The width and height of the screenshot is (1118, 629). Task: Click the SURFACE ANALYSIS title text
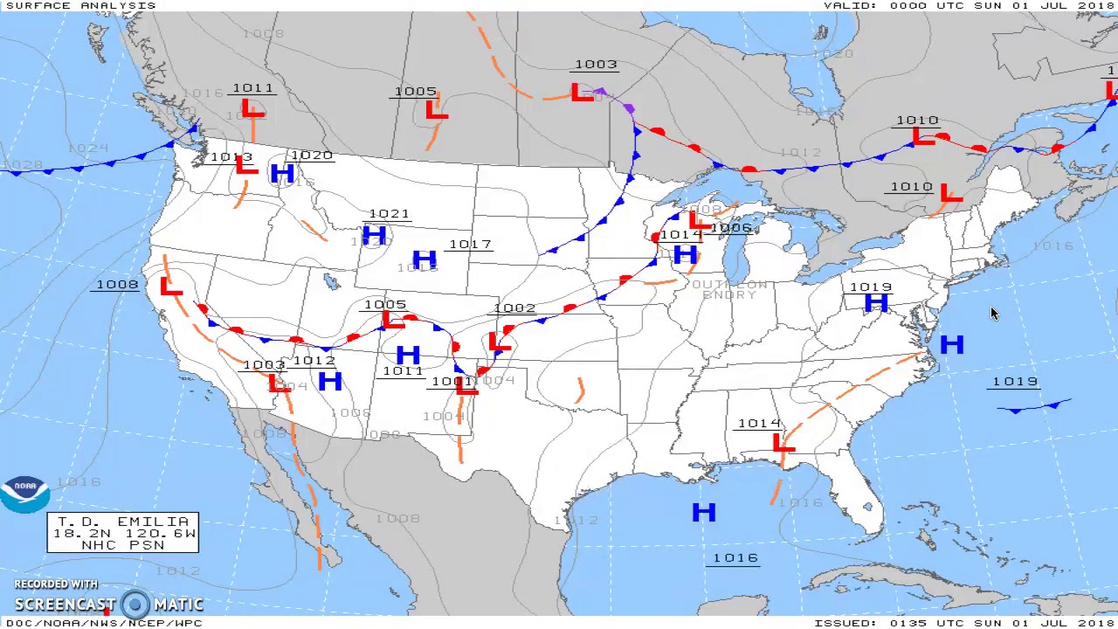click(80, 5)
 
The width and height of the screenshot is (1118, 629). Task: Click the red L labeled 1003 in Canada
click(582, 92)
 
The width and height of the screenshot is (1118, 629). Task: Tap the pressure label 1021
click(389, 214)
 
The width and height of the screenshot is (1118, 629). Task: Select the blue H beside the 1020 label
click(281, 173)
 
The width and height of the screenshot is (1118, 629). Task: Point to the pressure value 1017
click(470, 245)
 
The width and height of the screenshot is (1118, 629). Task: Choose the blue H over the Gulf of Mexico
click(703, 513)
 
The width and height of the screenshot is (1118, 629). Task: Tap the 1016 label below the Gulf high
click(735, 558)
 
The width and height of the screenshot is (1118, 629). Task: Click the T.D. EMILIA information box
click(123, 533)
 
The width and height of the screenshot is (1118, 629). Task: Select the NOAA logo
click(24, 494)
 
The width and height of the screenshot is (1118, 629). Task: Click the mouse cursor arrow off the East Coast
click(993, 314)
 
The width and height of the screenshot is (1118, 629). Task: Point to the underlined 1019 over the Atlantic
click(1015, 382)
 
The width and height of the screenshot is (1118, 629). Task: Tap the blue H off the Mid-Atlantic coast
click(952, 345)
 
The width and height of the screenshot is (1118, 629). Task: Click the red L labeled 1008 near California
click(170, 287)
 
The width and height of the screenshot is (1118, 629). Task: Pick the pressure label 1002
click(514, 308)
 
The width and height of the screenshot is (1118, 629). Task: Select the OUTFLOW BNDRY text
click(729, 290)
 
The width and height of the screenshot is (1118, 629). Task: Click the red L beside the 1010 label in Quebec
click(921, 136)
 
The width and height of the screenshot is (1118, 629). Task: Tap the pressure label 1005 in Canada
click(415, 92)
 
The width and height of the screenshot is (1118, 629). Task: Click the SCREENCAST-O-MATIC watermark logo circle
click(135, 604)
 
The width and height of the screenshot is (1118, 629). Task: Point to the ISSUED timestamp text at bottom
click(964, 623)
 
